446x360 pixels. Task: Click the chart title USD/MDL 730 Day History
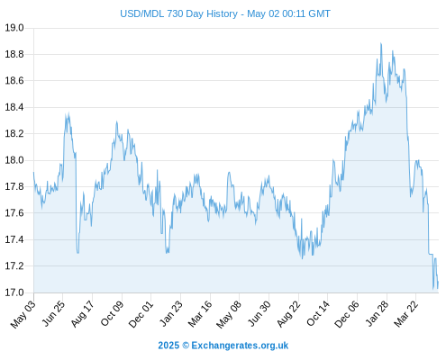point(178,13)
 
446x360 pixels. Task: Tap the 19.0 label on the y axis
point(14,28)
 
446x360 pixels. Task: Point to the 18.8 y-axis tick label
point(14,54)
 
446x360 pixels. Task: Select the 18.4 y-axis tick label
point(14,107)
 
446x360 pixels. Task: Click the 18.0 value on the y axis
point(14,160)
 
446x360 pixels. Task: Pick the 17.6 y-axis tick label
point(14,213)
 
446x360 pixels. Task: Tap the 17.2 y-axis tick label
point(14,266)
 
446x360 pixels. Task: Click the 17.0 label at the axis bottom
point(14,292)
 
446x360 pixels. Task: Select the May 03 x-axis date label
point(23,314)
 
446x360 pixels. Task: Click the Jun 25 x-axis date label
point(53,313)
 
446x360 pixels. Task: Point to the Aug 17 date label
point(83,313)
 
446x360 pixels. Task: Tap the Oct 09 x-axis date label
point(112,313)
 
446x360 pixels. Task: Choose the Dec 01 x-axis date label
point(141,314)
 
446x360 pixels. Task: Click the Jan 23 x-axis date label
point(171,313)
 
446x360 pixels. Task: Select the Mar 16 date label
point(200,313)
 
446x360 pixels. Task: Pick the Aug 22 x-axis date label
point(288,313)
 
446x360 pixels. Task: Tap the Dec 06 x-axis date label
point(347,314)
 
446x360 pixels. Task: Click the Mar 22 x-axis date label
point(406,313)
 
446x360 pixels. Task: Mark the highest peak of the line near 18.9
point(381,43)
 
